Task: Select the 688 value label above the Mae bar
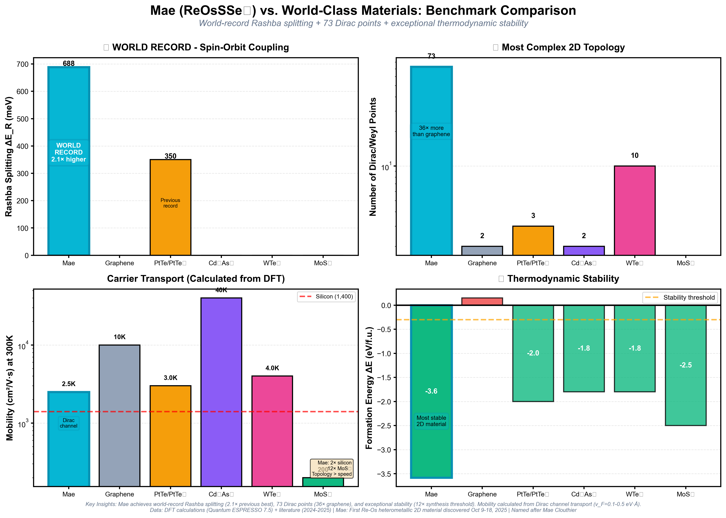pyautogui.click(x=69, y=63)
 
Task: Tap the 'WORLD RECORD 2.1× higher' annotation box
pyautogui.click(x=69, y=152)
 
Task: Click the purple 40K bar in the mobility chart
pyautogui.click(x=221, y=392)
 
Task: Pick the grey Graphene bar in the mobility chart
pyautogui.click(x=119, y=415)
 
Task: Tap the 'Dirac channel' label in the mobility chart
pyautogui.click(x=69, y=423)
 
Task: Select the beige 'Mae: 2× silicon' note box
pyautogui.click(x=332, y=468)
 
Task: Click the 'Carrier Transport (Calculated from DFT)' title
pyautogui.click(x=196, y=279)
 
